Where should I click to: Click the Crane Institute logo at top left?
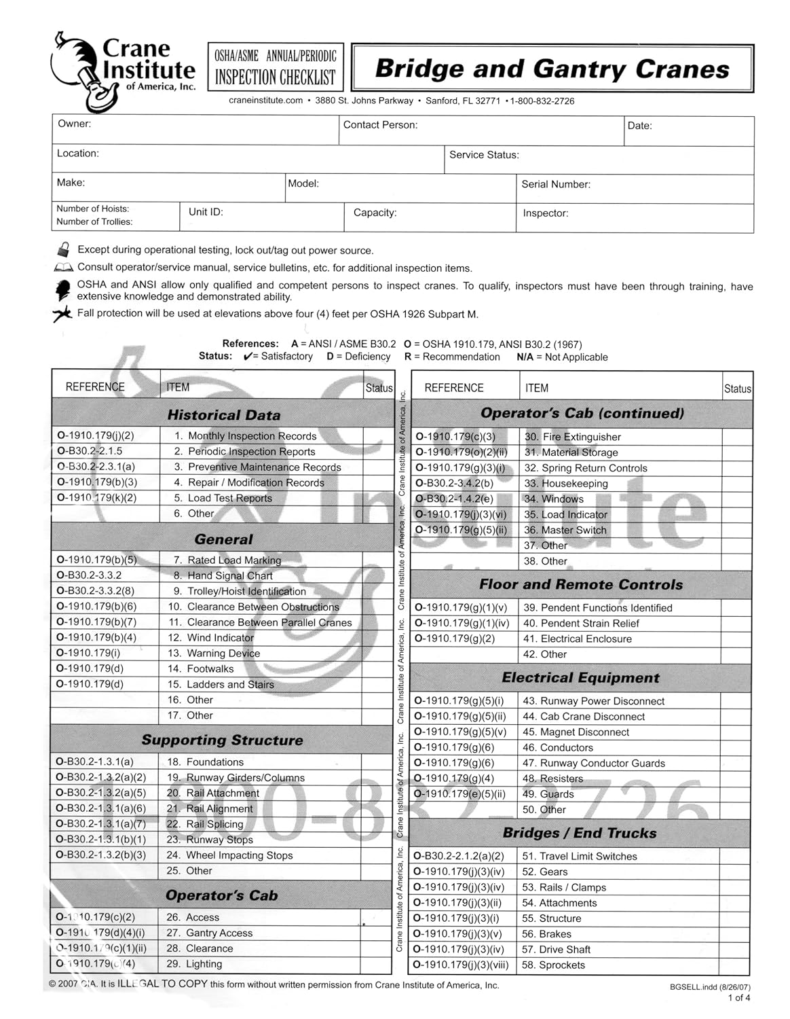pyautogui.click(x=122, y=71)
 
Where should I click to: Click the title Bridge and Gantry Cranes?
pyautogui.click(x=552, y=69)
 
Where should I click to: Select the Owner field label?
pyautogui.click(x=75, y=124)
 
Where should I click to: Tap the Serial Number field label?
pyautogui.click(x=556, y=184)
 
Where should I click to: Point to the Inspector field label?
pyautogui.click(x=546, y=213)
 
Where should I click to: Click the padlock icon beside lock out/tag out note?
pyautogui.click(x=64, y=249)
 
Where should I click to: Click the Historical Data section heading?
pyautogui.click(x=223, y=415)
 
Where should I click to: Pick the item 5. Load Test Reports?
pyautogui.click(x=229, y=498)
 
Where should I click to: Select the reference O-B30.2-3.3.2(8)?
pyautogui.click(x=96, y=591)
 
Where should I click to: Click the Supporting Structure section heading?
pyautogui.click(x=222, y=740)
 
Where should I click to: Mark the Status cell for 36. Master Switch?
pyautogui.click(x=737, y=530)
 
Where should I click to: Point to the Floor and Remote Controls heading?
pyautogui.click(x=581, y=584)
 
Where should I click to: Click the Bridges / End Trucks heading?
pyautogui.click(x=580, y=833)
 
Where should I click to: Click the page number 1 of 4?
pyautogui.click(x=739, y=998)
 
